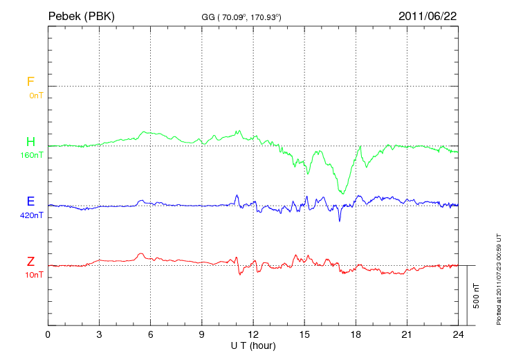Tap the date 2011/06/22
(427, 15)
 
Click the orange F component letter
(30, 82)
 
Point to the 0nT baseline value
(35, 96)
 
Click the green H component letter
(30, 143)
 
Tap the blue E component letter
(30, 202)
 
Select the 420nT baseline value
(32, 215)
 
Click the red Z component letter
(30, 262)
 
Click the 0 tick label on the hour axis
(48, 334)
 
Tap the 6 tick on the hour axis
(151, 334)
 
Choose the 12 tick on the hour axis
(253, 334)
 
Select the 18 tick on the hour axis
(356, 334)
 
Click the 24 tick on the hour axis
(458, 334)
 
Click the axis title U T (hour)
(253, 345)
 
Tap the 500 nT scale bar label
(475, 296)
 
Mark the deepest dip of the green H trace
(342, 193)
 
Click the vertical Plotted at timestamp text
(498, 278)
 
